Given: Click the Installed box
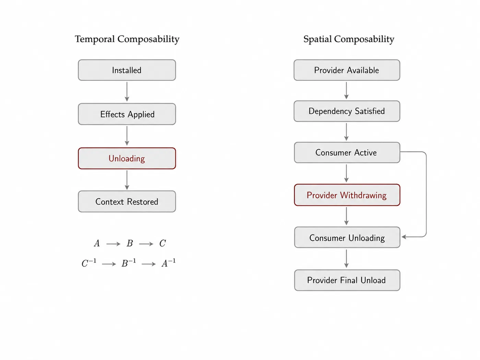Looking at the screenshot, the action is point(127,70).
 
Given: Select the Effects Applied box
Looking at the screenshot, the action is point(127,114).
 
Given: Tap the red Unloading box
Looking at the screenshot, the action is point(127,158).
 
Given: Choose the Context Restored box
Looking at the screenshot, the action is point(127,201).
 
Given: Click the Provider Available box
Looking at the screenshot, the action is point(347,70).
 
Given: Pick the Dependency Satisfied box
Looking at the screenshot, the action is point(347,111).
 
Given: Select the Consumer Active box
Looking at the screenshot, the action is point(347,153).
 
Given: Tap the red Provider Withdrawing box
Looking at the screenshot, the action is point(347,195).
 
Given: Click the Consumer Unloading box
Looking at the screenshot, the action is point(347,237).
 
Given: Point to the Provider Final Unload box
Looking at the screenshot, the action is point(347,280).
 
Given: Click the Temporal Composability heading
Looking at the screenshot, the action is point(127,39).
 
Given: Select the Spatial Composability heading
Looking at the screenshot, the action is point(349,39).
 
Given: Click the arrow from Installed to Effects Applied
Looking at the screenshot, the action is point(127,92).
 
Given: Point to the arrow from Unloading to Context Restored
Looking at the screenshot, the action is point(127,180).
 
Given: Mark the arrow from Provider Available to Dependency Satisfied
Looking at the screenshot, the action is point(346,91).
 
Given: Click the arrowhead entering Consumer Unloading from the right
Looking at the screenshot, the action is point(404,237).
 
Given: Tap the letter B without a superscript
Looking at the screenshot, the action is point(130,243).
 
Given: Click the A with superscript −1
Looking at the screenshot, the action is point(169,263).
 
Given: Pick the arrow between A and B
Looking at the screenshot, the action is point(113,244).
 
